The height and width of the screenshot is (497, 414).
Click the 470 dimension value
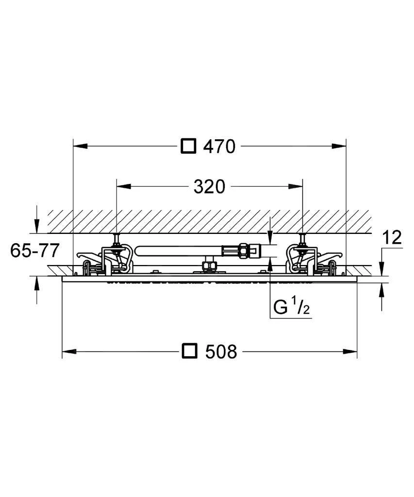219,147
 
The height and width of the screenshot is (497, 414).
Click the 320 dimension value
209,187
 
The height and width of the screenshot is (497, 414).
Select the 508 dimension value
221,351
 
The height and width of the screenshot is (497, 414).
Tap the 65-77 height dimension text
35,250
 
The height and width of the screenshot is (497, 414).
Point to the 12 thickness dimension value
392,237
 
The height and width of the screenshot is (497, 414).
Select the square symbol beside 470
188,147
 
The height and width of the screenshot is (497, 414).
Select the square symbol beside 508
190,351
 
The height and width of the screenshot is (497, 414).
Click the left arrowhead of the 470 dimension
80,146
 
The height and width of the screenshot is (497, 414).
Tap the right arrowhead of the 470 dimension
339,146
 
